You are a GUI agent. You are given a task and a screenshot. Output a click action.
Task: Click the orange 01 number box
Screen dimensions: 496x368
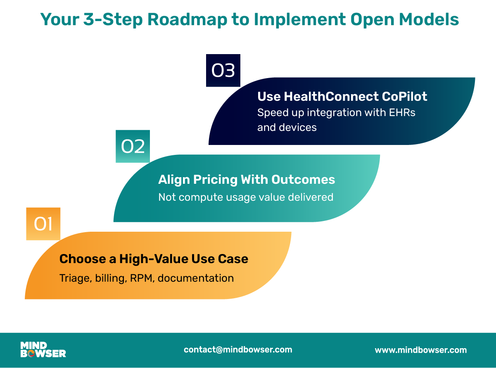pos(43,224)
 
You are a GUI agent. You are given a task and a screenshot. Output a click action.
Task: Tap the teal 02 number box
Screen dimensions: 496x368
pos(133,146)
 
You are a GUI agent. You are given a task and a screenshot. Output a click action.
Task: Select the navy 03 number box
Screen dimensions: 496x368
pos(223,70)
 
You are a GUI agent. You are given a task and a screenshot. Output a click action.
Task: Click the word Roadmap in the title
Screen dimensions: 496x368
pos(187,20)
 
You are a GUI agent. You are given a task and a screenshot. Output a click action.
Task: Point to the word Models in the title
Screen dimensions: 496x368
pos(429,19)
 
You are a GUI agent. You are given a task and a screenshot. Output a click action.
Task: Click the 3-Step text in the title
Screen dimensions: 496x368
pos(113,20)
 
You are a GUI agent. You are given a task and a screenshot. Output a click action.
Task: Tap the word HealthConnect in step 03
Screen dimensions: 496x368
pos(331,96)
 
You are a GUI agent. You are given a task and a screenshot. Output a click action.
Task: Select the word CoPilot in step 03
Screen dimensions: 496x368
pos(404,96)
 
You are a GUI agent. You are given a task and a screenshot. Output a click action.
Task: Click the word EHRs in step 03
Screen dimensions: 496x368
pos(402,112)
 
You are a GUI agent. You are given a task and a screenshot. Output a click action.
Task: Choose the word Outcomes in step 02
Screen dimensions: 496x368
pos(303,179)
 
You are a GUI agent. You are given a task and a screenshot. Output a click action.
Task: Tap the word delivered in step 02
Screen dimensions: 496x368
pos(311,197)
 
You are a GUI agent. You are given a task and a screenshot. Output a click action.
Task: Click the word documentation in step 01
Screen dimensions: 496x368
pos(196,278)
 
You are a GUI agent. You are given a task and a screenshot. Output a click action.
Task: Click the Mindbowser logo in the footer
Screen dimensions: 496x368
pos(43,349)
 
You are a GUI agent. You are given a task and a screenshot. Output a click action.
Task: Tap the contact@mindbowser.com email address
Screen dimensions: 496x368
pos(238,350)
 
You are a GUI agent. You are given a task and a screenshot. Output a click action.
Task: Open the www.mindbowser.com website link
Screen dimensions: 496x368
pos(421,350)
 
